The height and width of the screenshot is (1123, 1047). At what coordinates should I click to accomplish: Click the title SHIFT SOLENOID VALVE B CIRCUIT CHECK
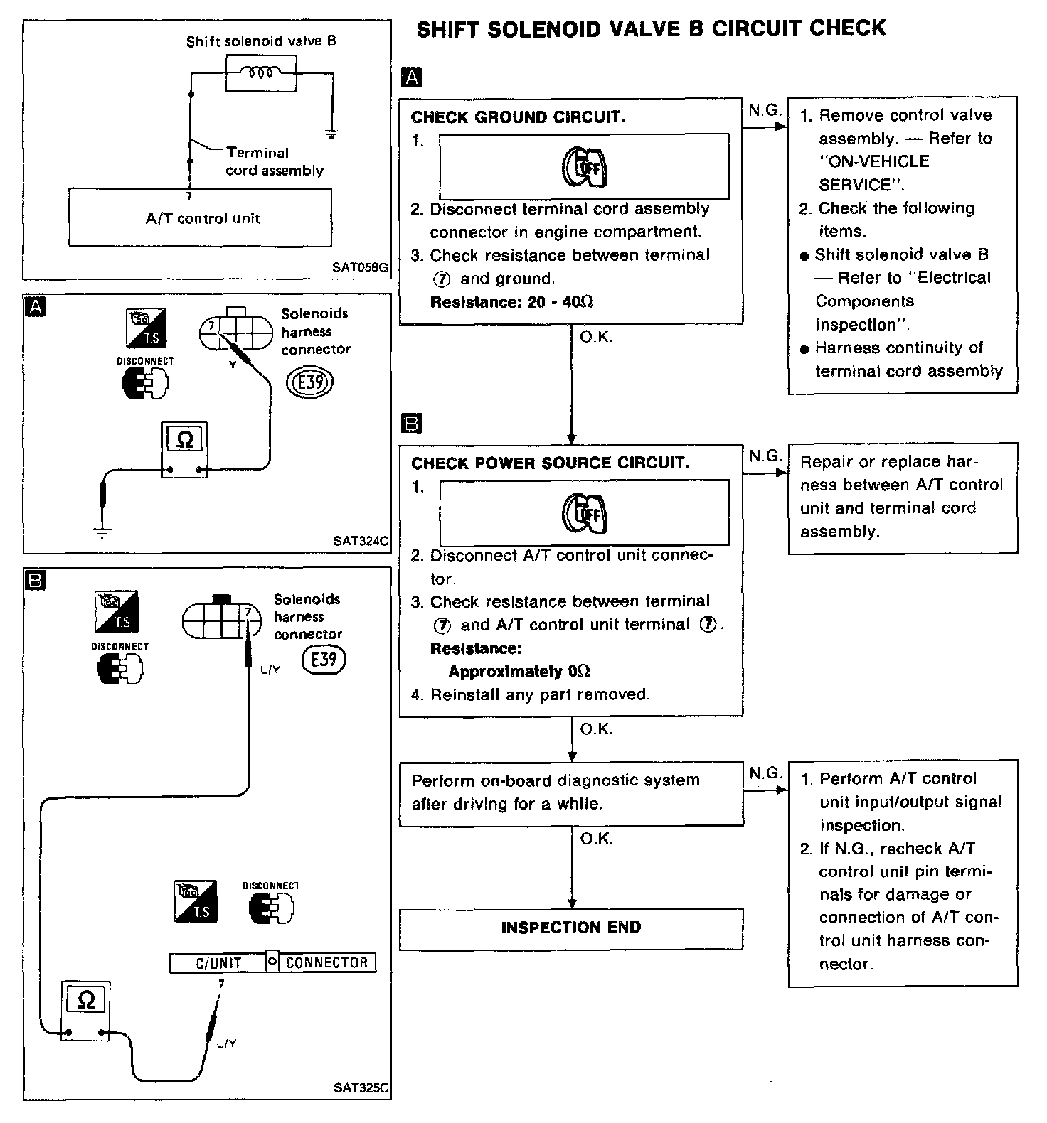650,29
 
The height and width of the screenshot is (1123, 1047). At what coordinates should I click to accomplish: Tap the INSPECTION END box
571,928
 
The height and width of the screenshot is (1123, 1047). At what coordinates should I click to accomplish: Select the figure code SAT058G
360,269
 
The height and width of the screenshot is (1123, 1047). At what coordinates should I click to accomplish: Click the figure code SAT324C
361,541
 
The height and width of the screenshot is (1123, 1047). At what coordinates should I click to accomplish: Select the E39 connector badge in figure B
324,660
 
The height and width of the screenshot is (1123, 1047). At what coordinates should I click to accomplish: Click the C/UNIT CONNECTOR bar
272,962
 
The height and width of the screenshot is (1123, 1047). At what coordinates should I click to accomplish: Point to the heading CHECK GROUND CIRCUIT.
518,117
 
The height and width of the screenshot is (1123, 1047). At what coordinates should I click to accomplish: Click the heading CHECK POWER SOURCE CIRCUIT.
550,463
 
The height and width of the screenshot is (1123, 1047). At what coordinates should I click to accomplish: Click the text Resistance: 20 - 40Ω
512,302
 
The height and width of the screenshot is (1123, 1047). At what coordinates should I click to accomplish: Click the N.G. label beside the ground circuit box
765,110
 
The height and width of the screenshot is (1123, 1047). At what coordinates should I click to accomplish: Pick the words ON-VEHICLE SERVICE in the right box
873,173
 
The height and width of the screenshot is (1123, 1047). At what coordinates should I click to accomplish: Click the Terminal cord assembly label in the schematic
274,161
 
